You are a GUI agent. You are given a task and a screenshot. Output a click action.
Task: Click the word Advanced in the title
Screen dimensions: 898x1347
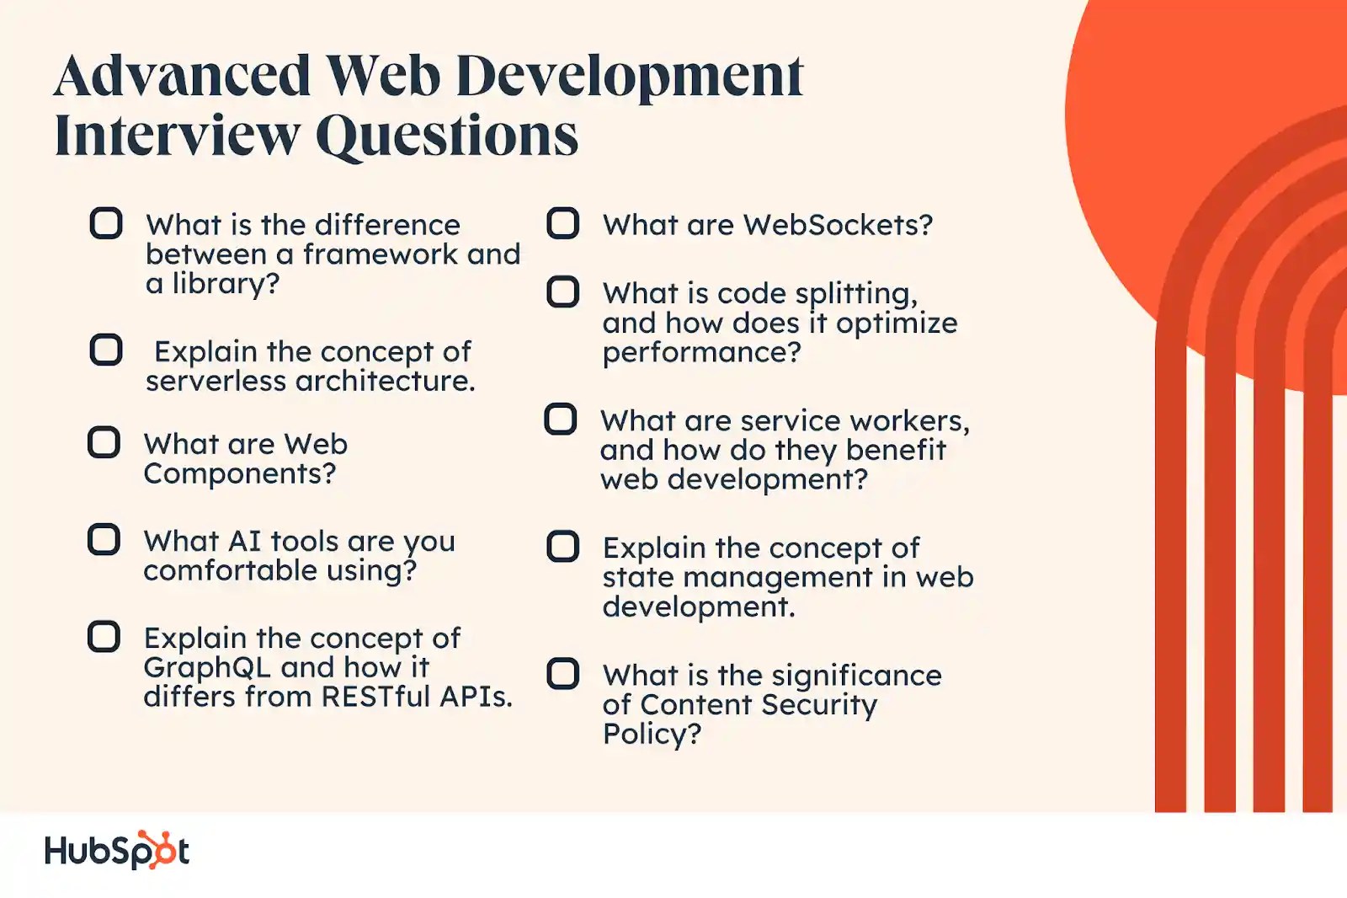point(183,77)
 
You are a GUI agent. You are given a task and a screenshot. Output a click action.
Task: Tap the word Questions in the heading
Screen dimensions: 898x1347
point(447,136)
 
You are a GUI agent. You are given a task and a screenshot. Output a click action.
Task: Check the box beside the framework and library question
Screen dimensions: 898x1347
point(106,223)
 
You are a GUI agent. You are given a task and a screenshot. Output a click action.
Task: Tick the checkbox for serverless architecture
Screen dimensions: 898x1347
point(106,350)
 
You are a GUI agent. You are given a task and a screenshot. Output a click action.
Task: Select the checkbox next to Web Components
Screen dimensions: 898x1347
point(104,442)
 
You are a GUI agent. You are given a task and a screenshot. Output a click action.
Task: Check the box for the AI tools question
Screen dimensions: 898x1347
point(104,539)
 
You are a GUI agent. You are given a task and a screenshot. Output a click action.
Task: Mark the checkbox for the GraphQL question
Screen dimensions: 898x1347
point(104,637)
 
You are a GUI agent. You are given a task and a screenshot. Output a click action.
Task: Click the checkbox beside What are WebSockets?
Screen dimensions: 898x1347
point(563,223)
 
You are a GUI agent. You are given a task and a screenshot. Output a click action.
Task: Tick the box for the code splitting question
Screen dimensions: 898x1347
point(563,292)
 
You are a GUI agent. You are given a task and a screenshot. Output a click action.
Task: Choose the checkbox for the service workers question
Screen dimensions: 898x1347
point(561,419)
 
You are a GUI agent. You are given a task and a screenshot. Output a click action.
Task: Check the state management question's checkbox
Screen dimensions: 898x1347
point(563,546)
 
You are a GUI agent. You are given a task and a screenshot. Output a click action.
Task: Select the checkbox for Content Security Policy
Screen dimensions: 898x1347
point(563,674)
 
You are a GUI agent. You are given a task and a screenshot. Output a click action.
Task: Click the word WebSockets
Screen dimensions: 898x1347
point(838,225)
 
